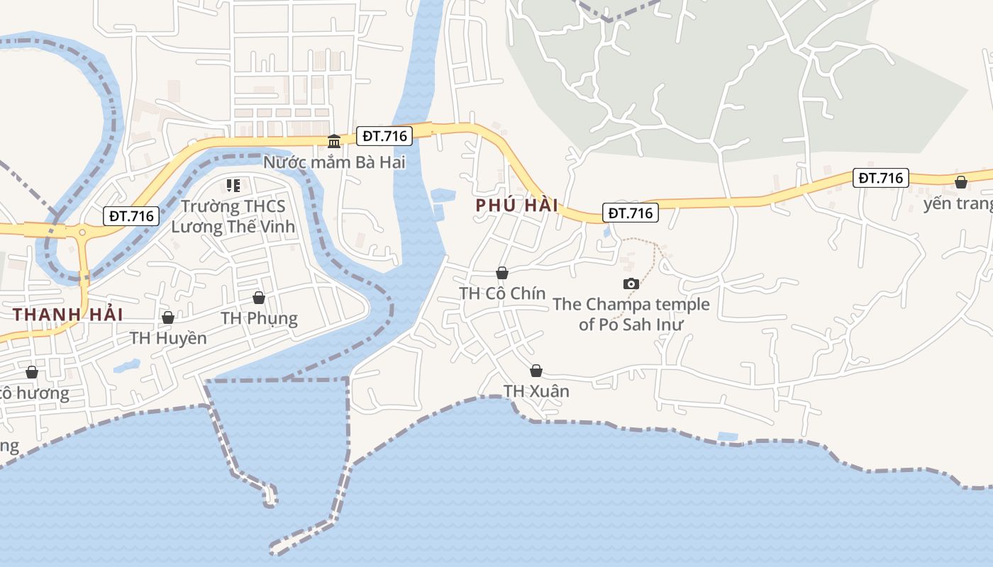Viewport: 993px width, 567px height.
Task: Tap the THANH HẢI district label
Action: (68, 314)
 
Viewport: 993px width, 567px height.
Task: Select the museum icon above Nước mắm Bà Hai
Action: (333, 141)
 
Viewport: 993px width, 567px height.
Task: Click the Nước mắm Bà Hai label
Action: (334, 162)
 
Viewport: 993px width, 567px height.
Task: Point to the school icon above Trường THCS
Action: (233, 186)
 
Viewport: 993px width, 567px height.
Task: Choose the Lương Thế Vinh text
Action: (233, 227)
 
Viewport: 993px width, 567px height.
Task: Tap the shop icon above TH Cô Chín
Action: (502, 273)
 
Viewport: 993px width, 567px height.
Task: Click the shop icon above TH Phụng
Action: (259, 298)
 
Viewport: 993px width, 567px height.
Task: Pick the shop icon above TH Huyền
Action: (168, 318)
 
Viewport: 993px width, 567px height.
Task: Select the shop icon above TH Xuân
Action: (536, 371)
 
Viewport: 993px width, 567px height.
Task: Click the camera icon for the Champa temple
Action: (631, 284)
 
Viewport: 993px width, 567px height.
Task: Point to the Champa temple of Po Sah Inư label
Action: (631, 315)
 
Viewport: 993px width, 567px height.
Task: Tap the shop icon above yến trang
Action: (961, 182)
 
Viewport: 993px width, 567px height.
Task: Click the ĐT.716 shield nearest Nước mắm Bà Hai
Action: (384, 136)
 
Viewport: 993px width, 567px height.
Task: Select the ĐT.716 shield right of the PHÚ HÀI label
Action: (631, 213)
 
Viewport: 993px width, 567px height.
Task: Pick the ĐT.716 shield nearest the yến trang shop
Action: (880, 178)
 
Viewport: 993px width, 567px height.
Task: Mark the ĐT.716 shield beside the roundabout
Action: (131, 216)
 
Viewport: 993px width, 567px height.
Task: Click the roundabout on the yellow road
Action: (82, 232)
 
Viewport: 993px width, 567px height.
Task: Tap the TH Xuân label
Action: (536, 391)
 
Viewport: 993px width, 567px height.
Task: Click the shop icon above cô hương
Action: (32, 372)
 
